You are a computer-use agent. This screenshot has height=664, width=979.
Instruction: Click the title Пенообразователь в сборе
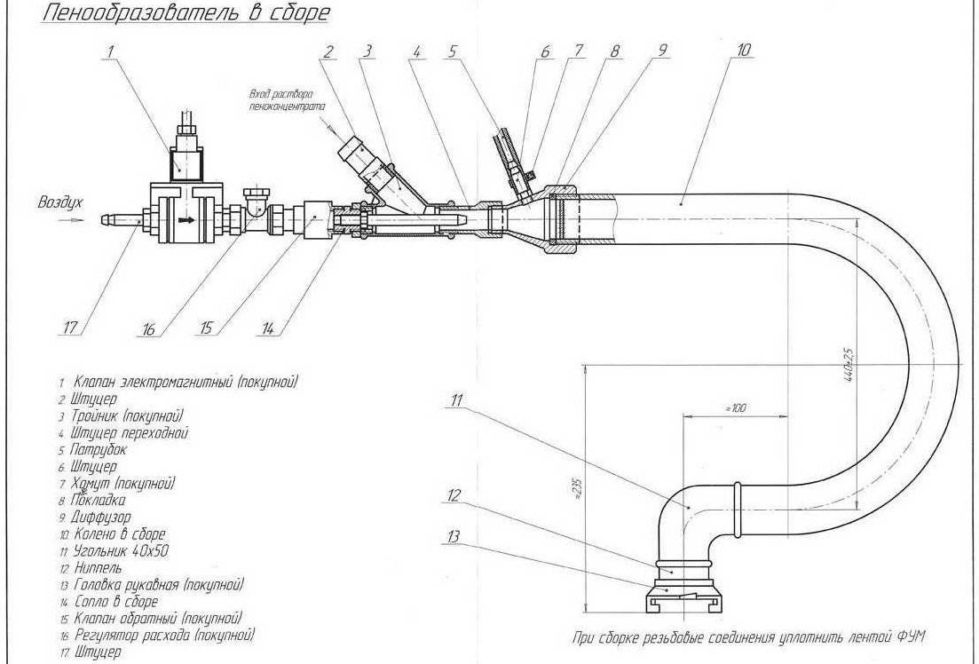tap(173, 12)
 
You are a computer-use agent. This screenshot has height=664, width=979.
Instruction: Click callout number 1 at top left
tap(109, 52)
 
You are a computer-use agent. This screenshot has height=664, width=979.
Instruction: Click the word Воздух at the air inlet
tap(59, 202)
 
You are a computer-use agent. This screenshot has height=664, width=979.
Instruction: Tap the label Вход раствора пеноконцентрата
tap(282, 99)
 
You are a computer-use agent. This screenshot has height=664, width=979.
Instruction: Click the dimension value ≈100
tap(733, 407)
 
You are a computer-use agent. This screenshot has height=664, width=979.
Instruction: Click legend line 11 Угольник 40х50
tap(115, 551)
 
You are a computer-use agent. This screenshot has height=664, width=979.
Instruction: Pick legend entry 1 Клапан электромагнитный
tap(178, 382)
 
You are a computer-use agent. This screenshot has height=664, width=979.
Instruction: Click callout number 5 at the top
tap(452, 52)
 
